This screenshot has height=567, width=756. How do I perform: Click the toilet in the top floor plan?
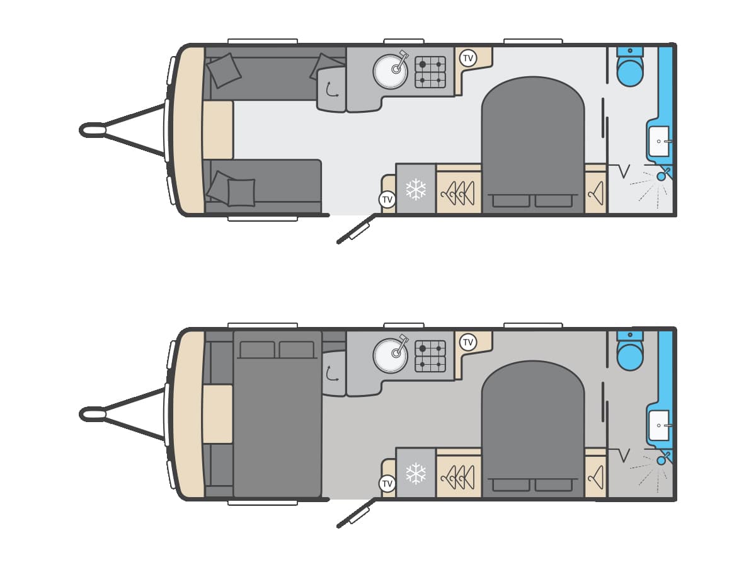[x=629, y=70]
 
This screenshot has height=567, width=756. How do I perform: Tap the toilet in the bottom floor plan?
[x=629, y=354]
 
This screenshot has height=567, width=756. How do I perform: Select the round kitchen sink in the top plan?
[x=391, y=71]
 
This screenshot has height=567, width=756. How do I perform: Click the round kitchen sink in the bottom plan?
[x=391, y=355]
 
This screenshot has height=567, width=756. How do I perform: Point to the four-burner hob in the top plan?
[x=430, y=72]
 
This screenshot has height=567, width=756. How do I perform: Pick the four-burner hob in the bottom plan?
[x=430, y=356]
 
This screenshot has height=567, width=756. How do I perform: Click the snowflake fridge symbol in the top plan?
[x=416, y=189]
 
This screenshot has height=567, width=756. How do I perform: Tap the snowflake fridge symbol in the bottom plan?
[x=416, y=473]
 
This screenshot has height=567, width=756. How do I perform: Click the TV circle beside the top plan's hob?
[x=467, y=59]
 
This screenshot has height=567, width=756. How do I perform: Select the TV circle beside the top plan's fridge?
[x=387, y=200]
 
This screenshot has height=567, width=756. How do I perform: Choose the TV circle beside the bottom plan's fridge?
[x=387, y=484]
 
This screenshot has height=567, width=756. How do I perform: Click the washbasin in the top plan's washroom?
[x=659, y=141]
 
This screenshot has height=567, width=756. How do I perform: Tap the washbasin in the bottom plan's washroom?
[x=659, y=425]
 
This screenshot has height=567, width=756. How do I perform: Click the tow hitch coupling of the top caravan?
[x=93, y=130]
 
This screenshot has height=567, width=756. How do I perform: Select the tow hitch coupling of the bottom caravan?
[x=93, y=414]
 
